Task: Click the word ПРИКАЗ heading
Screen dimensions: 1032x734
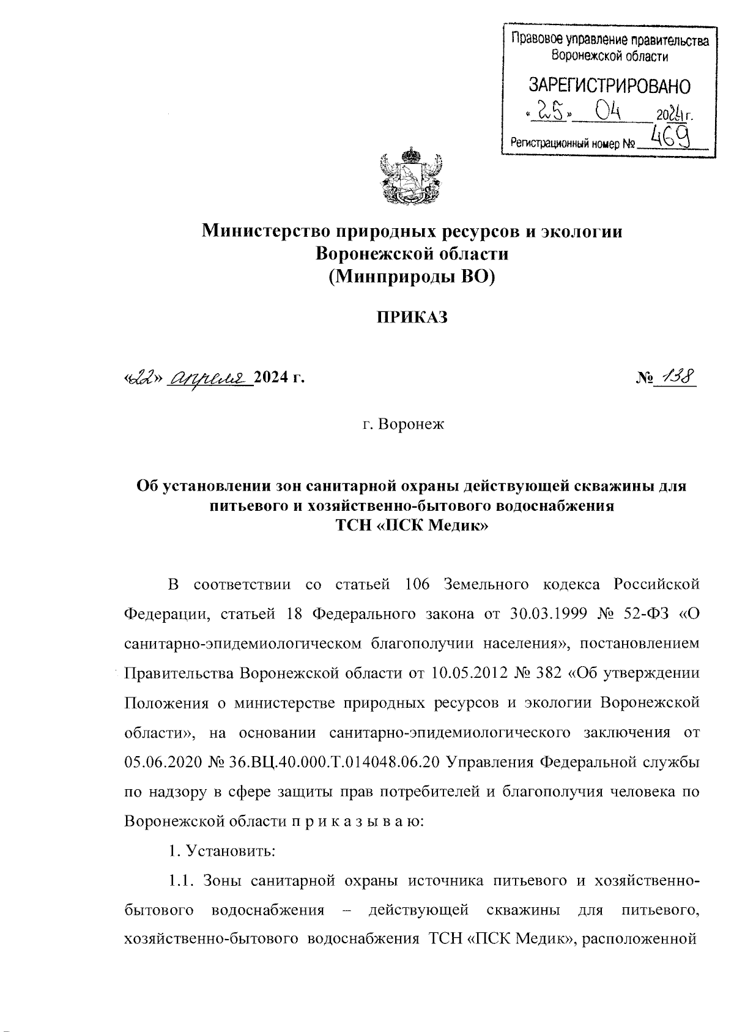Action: (412, 317)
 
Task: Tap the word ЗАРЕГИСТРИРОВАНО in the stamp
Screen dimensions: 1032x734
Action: (609, 86)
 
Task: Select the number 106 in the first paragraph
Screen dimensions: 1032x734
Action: (419, 584)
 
